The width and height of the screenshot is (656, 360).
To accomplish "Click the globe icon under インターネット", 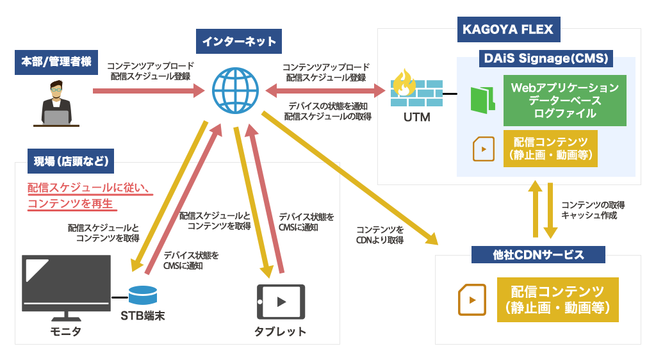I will [235, 91].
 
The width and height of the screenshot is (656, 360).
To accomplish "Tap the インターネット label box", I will [239, 42].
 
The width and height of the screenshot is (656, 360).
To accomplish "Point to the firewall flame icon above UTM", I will [404, 82].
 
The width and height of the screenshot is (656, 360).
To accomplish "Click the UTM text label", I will [416, 118].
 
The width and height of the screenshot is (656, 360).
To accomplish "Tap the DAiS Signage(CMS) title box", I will [545, 59].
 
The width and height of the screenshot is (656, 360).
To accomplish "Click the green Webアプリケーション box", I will [564, 101].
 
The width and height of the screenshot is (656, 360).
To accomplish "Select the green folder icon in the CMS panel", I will [482, 100].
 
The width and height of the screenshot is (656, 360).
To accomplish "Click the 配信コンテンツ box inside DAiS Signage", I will [550, 149].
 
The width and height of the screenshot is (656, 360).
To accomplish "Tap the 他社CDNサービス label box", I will [538, 255].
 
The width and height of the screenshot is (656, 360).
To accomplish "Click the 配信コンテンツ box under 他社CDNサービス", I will [557, 299].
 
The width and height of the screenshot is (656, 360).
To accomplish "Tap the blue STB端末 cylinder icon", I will [142, 296].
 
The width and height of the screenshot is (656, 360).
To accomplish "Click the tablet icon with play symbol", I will [281, 301].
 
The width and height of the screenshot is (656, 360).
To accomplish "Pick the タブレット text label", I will [280, 331].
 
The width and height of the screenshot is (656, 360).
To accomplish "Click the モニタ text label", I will [66, 331].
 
